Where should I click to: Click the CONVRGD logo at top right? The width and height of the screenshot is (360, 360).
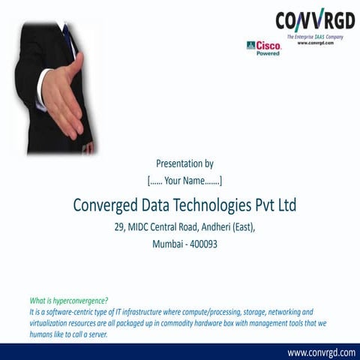point(314,19)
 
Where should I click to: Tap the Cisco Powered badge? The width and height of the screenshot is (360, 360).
point(263,48)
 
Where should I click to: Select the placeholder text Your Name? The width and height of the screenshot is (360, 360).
point(184,180)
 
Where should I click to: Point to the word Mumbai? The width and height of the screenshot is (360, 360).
point(168,244)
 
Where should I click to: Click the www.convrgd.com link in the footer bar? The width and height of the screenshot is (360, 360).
point(321,352)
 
